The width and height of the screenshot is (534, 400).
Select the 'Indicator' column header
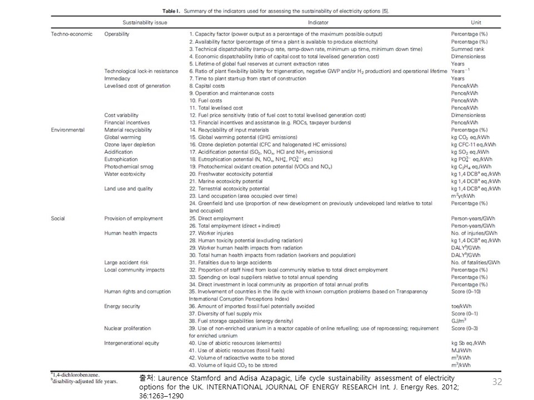(320, 23)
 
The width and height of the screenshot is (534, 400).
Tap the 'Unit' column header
(476, 23)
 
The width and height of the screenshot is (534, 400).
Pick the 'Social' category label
(58, 218)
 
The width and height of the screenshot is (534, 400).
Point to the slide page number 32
(497, 382)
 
